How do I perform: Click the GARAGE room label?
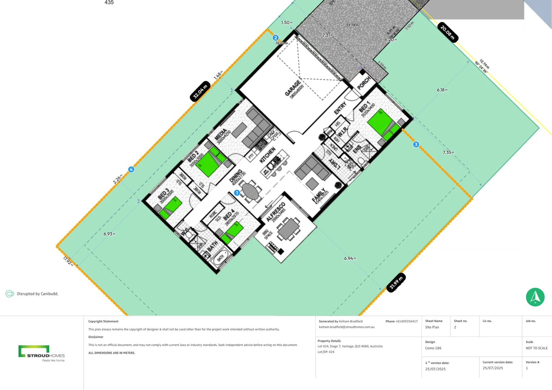coord(293,88)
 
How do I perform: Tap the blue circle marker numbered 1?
coord(237,193)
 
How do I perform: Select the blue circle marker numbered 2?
coord(276,38)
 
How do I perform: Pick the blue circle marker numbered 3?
coord(416,144)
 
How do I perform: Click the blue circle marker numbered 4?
coord(131,169)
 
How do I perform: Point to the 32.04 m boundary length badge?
coord(200,91)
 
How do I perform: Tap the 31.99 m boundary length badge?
coord(396,282)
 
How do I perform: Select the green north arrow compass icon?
coord(535,297)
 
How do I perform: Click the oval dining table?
coord(250,191)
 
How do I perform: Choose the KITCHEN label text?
coord(268,155)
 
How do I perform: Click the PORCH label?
coord(364,83)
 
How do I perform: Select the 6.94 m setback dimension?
coord(350,258)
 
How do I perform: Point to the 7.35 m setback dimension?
coord(448,152)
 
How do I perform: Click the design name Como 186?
coord(433,348)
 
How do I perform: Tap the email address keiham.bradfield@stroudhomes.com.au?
coord(346,327)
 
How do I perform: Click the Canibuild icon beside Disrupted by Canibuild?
coord(10,294)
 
